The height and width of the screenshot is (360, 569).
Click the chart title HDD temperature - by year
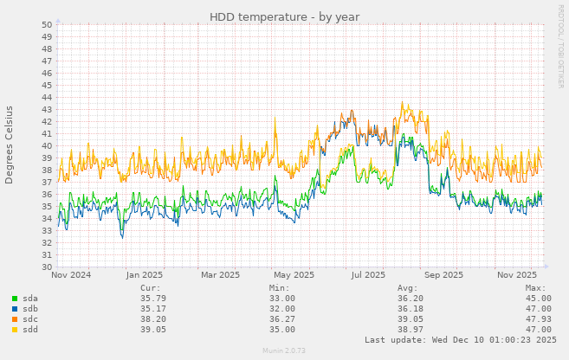click(284, 16)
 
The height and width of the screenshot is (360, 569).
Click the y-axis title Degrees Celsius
click(10, 145)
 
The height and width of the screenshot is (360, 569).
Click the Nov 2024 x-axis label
click(71, 276)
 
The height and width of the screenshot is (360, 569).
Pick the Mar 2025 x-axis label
click(220, 276)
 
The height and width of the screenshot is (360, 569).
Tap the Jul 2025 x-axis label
click(368, 276)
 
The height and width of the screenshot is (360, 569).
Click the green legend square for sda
click(15, 299)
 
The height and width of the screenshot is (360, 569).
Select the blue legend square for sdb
click(15, 309)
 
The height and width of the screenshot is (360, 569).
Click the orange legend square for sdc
click(15, 319)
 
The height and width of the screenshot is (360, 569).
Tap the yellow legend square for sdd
click(15, 330)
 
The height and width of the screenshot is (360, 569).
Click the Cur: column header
click(151, 288)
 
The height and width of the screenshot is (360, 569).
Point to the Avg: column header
click(407, 288)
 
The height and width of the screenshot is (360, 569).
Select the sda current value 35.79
click(152, 299)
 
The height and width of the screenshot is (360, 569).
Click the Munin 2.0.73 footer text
click(284, 352)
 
